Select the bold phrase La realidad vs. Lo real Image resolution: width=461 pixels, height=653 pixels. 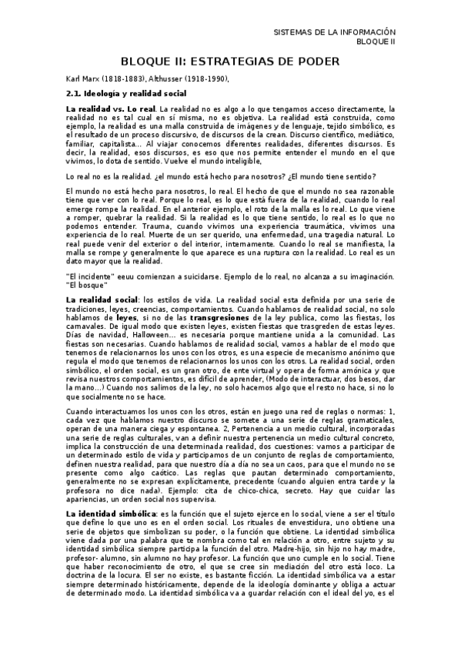[x=115, y=109]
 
